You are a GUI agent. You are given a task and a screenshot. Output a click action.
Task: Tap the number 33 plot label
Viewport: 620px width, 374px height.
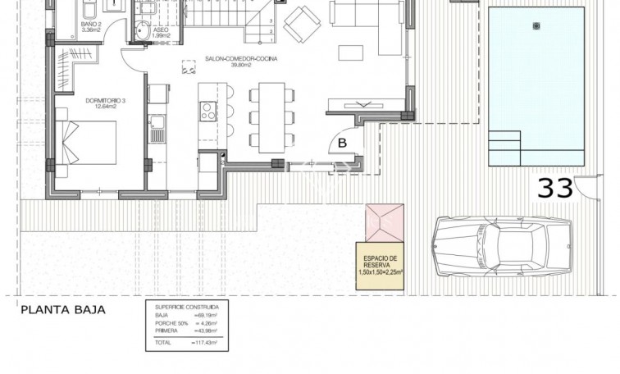554,188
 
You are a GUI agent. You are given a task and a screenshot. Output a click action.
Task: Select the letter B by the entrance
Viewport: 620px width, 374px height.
342,143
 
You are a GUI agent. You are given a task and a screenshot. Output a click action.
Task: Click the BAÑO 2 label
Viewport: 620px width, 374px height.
91,25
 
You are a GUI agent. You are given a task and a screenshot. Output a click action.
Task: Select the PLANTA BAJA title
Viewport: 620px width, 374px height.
64,310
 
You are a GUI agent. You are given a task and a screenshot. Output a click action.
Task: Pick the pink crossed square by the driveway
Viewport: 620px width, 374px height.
381,221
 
